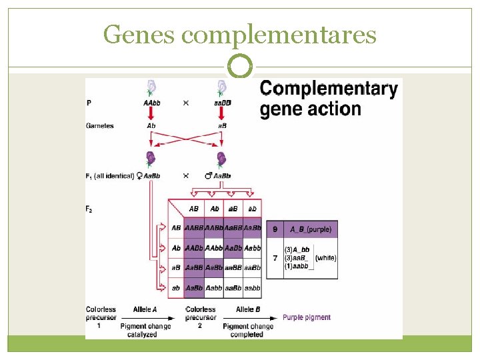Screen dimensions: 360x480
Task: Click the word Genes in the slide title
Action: [139, 34]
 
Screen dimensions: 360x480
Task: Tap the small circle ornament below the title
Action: [239, 67]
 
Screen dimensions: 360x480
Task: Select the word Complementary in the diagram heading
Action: [329, 89]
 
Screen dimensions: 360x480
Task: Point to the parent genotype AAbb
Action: [151, 103]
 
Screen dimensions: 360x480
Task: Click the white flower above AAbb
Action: [151, 87]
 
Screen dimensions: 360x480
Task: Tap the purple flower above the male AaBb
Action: [221, 159]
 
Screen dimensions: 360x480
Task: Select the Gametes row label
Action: [100, 125]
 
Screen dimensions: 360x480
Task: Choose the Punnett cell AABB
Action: [195, 228]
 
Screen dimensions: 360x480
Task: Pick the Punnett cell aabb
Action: [252, 288]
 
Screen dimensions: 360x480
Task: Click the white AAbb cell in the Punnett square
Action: [215, 248]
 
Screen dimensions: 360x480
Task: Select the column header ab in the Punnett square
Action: [252, 209]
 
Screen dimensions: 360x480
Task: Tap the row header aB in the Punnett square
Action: [175, 268]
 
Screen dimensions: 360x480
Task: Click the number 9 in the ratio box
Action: [275, 229]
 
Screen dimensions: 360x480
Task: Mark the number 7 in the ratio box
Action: [275, 258]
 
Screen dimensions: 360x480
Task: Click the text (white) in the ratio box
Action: [325, 258]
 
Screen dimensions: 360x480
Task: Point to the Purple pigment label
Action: [307, 317]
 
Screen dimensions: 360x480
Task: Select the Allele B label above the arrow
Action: [248, 309]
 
